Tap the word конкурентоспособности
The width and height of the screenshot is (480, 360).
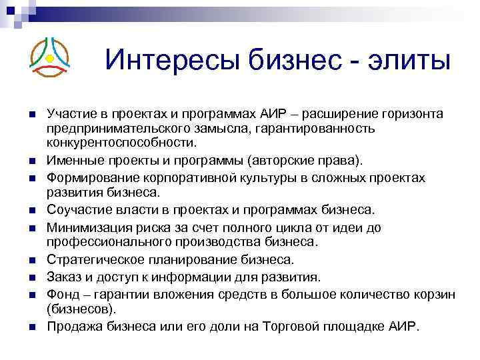click(x=121, y=143)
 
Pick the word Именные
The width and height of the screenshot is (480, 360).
click(x=72, y=161)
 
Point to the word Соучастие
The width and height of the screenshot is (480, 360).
click(x=75, y=211)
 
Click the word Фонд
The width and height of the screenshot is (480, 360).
click(x=61, y=293)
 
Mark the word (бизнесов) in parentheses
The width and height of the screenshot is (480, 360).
click(x=81, y=309)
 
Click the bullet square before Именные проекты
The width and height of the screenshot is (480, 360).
click(x=31, y=162)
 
